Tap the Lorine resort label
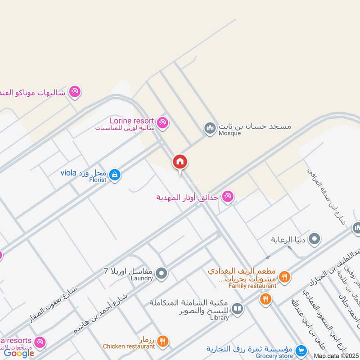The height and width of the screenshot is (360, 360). pos(132,121)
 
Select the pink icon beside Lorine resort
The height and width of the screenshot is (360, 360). pos(163,122)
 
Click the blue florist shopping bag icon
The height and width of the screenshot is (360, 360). pos(115,174)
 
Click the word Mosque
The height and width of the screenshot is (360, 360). pos(229,133)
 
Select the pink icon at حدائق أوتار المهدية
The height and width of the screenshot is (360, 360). pos(228,197)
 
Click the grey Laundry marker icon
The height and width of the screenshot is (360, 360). pos(162,273)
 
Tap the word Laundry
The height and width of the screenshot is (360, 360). pos(143,279)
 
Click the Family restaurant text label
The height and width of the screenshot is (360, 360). pos(252,286)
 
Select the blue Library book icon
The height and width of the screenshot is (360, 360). pos(238,309)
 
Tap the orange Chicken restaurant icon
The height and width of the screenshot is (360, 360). pos(163,342)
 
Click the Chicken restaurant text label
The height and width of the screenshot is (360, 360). pos(129,346)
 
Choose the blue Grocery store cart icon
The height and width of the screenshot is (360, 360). pos(302,350)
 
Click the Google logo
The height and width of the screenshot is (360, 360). pos(19,353)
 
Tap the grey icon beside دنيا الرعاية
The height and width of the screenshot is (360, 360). pos(315,239)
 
